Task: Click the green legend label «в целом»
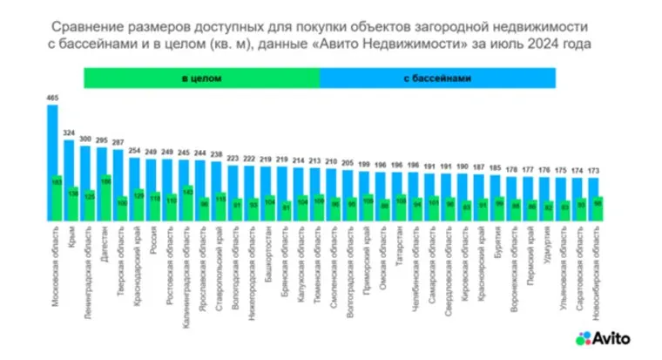coord(201,78)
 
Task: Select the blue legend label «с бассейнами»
coord(437,78)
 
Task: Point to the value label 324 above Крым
coord(69,133)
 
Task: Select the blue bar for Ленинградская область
coord(85,166)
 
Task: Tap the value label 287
coord(118,142)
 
